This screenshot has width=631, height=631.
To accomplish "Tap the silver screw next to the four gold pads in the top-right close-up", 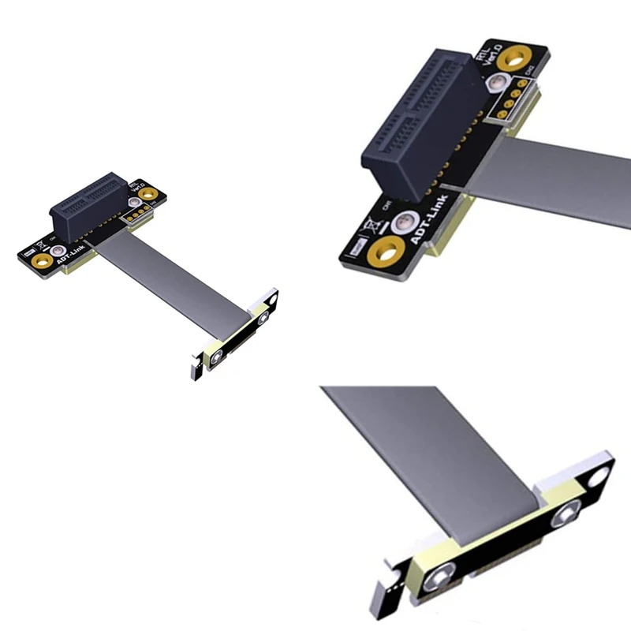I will point(498,85).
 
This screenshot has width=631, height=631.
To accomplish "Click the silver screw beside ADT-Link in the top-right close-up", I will point(405,222).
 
